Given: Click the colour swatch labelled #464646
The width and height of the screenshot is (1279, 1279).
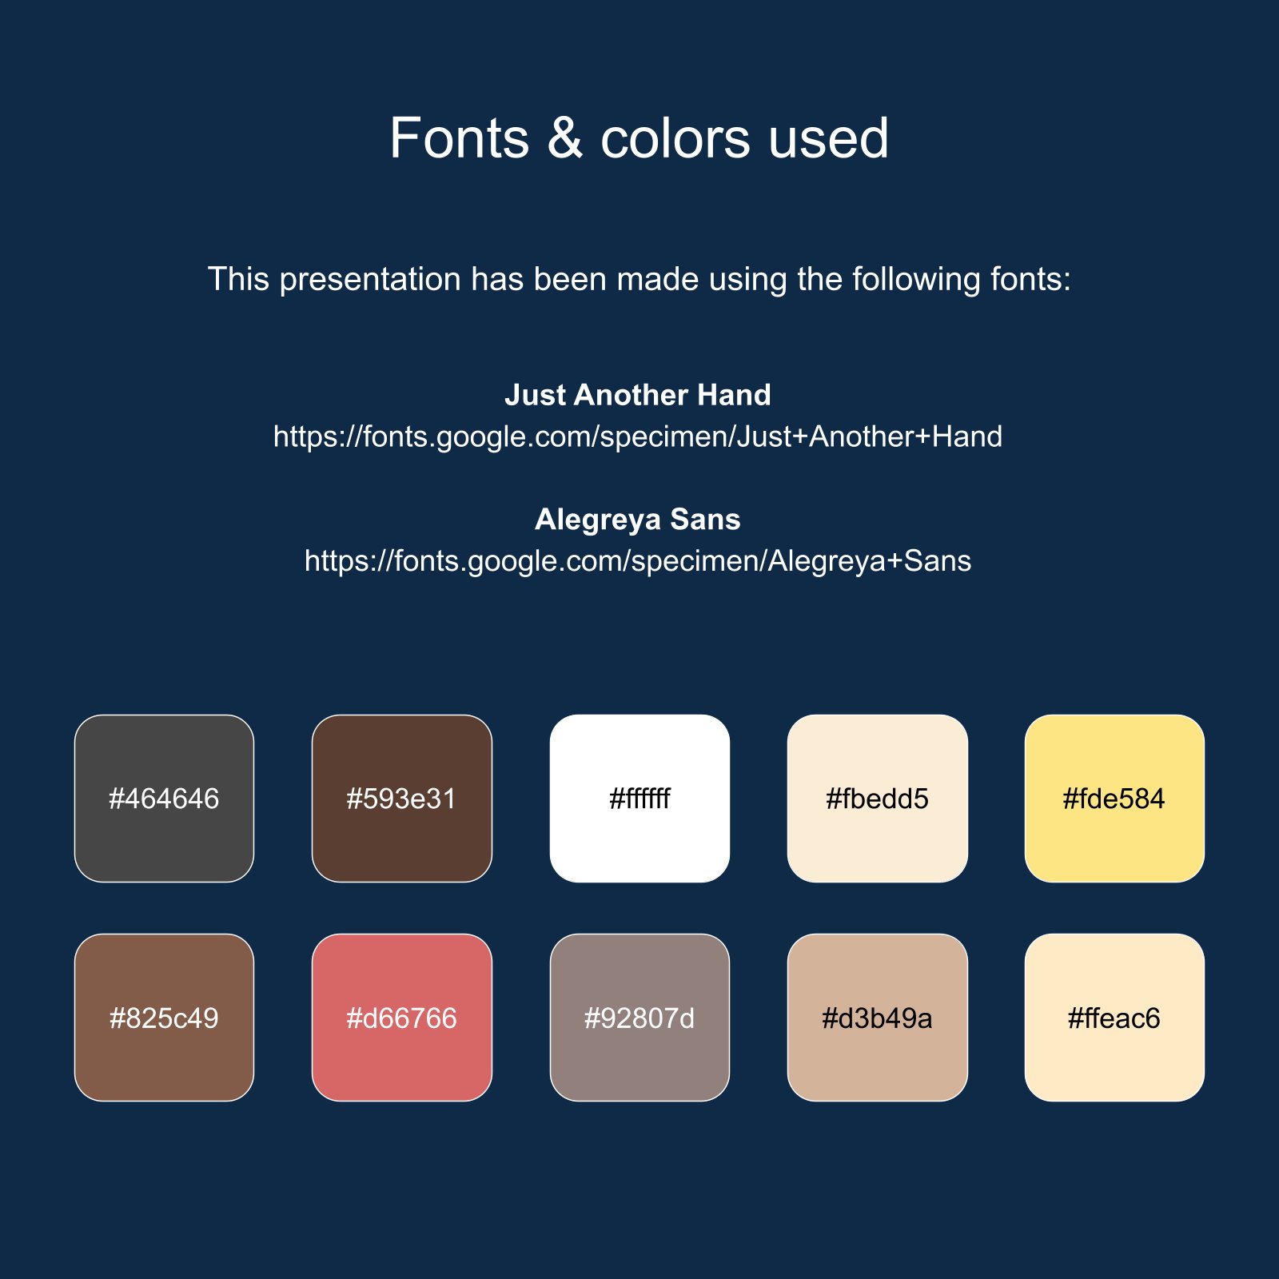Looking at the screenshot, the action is point(164,799).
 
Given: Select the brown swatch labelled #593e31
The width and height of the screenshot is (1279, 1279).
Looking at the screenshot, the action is point(402,799).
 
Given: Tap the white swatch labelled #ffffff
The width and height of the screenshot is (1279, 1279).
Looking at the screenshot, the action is point(639,799).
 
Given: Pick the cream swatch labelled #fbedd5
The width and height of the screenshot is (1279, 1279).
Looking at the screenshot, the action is point(878,799).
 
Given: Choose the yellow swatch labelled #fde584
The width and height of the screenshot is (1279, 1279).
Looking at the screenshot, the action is point(1114,799).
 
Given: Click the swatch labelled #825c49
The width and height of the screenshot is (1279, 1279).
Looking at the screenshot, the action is point(164,1018).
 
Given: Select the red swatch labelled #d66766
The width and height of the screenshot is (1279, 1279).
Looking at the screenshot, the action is point(402,1018).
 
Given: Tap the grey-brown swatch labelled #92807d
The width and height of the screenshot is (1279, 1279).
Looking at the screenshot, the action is point(639,1018).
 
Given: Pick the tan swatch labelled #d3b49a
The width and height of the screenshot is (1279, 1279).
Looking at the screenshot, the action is point(878,1018).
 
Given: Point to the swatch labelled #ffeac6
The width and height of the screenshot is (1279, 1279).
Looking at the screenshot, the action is point(1114,1018).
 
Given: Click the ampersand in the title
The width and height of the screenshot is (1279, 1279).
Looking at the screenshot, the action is point(565,138).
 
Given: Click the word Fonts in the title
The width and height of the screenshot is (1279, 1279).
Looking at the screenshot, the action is point(460,138).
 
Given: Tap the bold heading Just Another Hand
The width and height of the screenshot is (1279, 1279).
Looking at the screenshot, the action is point(638,395).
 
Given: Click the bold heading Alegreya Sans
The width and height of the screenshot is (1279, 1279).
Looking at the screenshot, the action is point(638,520).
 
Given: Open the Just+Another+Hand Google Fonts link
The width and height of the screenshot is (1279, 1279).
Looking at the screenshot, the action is point(638,437).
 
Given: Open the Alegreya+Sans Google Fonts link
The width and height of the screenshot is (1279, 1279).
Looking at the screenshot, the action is point(638,561).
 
